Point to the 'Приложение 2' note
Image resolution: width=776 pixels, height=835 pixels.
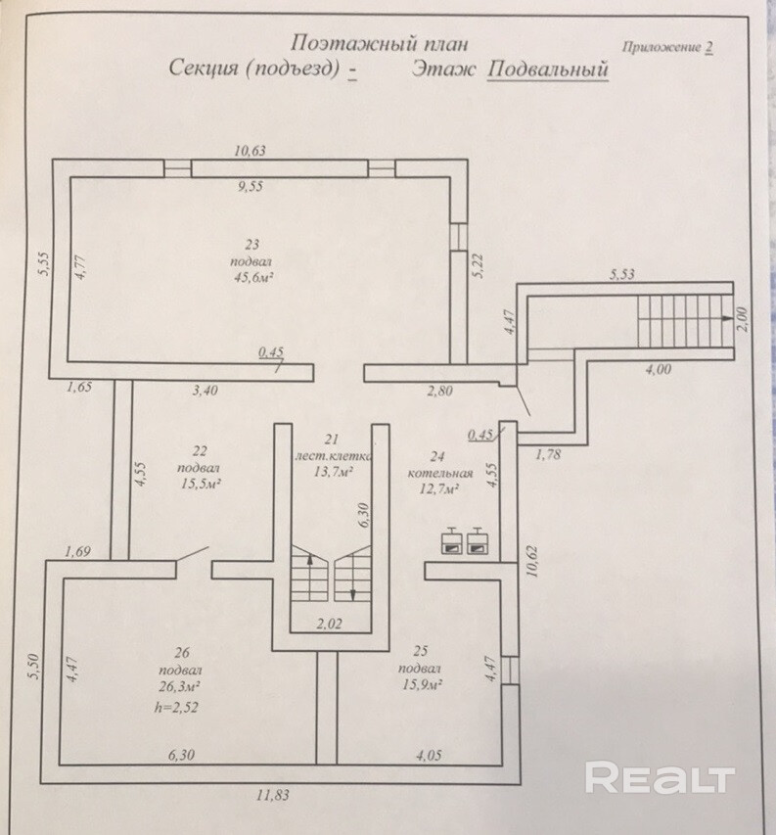[666, 46]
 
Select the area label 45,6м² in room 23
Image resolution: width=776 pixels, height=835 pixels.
[251, 278]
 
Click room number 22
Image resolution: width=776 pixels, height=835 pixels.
[200, 450]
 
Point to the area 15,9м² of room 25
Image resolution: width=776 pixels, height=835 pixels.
[422, 684]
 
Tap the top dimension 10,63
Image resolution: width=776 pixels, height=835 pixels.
[251, 151]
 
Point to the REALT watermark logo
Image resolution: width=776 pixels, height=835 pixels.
[660, 779]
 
